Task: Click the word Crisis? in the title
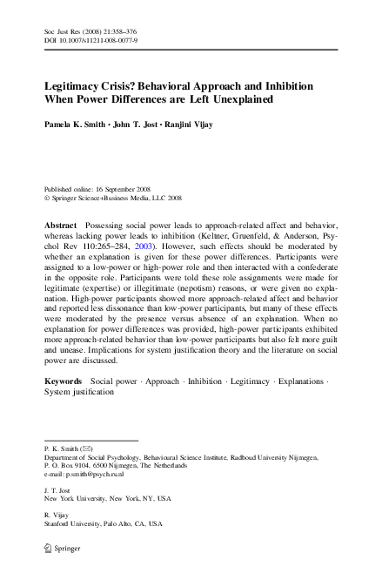click(124, 88)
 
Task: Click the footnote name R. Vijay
click(54, 517)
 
